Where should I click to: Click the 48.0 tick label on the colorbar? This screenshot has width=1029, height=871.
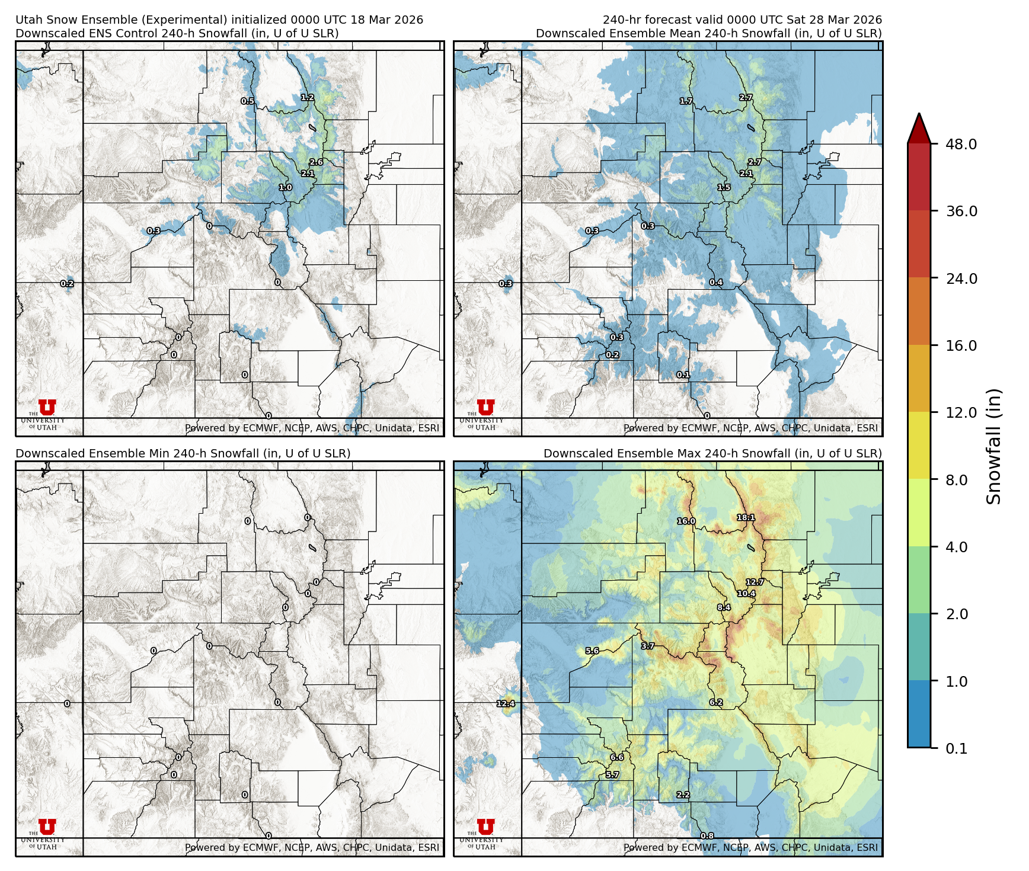961,144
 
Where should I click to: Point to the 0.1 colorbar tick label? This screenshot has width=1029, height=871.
956,748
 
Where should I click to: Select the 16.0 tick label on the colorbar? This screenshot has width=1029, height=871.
961,345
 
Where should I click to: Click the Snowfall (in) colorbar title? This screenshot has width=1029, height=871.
993,446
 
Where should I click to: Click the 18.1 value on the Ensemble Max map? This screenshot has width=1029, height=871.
746,517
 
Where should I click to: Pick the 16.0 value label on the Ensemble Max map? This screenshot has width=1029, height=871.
686,521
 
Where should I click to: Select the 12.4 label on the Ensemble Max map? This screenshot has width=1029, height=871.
506,704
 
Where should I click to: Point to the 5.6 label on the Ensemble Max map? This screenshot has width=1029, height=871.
592,651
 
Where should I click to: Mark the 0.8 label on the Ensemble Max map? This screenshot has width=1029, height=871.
707,836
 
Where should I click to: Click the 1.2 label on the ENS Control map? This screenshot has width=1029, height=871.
307,97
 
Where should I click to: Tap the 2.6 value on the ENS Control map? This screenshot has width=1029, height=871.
316,162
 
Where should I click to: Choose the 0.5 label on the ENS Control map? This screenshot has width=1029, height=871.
247,101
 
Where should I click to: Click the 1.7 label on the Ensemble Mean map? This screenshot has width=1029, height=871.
686,101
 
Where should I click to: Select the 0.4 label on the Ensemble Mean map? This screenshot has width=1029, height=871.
716,283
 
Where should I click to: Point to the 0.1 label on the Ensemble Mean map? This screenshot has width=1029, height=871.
683,375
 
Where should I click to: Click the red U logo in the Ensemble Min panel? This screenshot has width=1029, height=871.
47,827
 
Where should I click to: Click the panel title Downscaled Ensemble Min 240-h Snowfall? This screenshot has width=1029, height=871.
183,453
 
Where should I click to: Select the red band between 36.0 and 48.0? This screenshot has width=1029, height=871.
919,177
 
